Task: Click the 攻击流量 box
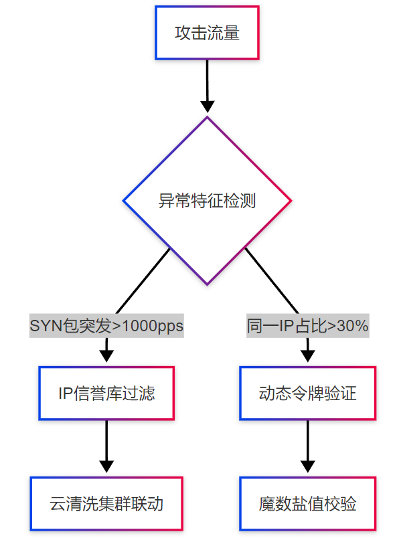click(207, 33)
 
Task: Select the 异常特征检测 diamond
click(207, 201)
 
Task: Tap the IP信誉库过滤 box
click(106, 393)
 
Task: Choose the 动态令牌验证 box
click(308, 393)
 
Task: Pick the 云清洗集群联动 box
click(106, 503)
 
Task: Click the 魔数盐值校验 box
click(308, 503)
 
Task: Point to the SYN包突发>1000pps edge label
click(106, 325)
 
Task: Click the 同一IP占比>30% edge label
click(308, 325)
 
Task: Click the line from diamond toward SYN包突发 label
click(143, 281)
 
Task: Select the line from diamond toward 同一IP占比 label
click(272, 281)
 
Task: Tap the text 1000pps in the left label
click(153, 326)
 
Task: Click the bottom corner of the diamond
click(207, 285)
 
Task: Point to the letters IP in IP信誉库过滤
click(66, 393)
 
